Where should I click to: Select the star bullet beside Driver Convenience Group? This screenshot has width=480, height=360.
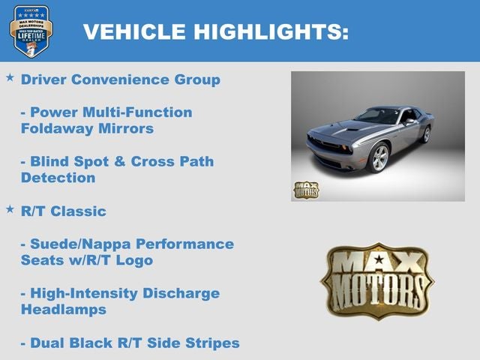[x=10, y=78]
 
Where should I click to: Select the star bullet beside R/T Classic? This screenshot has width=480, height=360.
[x=10, y=209]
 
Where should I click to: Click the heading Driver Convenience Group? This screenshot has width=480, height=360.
[x=121, y=79]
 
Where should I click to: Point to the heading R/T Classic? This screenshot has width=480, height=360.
[x=64, y=211]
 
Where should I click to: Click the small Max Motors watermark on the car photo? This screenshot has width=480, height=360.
[x=306, y=190]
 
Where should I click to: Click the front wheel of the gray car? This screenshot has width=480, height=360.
[x=380, y=158]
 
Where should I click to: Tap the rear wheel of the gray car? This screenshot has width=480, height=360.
[x=426, y=134]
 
